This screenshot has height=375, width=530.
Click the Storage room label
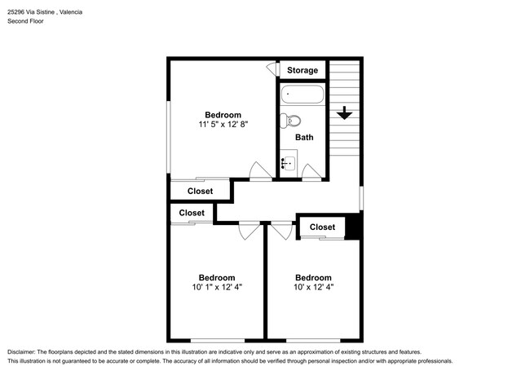pos(303,70)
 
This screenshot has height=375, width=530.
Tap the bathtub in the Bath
pos(302,96)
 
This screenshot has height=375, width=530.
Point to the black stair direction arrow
pos(344,112)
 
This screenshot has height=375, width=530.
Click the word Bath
pos(304,138)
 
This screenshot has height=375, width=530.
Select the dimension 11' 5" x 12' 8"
pos(222,125)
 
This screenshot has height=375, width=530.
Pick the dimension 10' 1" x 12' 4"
pos(217,287)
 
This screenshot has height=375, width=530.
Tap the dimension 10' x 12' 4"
pos(313,287)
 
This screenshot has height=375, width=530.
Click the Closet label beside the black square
pos(322,227)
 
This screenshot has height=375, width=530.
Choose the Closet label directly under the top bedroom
pos(200,192)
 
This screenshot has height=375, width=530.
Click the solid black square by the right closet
pos(353,227)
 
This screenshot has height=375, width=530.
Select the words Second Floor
pos(26,21)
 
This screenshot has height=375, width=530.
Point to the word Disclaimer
pos(24,350)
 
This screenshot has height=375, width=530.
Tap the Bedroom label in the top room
pos(222,114)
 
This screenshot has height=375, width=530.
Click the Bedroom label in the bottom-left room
pos(217,277)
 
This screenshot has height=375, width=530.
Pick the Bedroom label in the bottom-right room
pos(313,277)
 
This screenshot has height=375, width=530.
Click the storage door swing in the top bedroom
pos(272,71)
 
